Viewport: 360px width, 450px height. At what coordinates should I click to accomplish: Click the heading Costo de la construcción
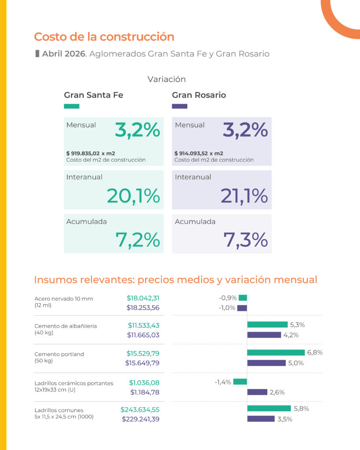104,37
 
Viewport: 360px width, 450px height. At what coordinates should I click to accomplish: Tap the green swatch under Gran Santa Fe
72,106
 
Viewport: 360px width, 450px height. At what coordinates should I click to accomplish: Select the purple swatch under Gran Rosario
180,106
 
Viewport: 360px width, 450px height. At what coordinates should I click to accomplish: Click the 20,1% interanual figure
133,196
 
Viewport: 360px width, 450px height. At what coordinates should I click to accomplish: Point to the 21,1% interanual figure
244,196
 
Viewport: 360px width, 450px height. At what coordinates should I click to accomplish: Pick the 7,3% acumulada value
246,240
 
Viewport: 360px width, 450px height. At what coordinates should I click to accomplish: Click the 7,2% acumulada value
138,240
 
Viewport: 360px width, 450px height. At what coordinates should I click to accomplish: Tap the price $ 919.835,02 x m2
91,153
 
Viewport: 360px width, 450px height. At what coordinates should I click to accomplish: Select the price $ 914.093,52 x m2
199,153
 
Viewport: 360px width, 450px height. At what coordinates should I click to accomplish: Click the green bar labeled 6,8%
276,352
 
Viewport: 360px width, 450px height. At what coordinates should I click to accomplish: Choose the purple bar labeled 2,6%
257,392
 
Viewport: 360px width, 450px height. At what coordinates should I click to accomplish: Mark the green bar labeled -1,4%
240,382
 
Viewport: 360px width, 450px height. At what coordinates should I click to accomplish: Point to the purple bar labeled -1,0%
242,308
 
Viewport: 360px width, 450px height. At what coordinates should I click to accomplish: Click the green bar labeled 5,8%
269,408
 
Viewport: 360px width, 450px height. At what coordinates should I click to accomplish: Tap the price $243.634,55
140,410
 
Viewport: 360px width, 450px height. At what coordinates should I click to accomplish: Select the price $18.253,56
143,308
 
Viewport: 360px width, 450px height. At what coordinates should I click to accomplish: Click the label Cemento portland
59,354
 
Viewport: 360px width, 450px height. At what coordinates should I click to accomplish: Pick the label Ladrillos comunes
59,410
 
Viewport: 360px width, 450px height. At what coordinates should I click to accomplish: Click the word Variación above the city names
167,79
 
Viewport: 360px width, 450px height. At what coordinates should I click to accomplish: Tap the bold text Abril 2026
64,54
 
